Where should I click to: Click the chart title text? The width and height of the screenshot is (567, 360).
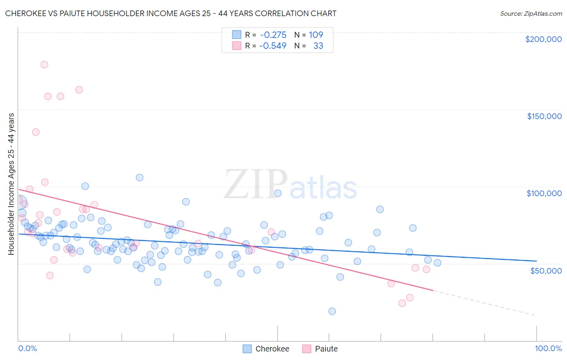(171, 13)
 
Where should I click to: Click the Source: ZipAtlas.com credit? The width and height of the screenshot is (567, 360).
(531, 13)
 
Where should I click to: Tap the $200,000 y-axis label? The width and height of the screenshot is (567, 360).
(543, 39)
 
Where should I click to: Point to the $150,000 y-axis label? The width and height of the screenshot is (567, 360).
(544, 116)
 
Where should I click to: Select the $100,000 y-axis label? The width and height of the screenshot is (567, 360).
(544, 193)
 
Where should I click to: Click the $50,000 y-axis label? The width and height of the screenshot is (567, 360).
(546, 270)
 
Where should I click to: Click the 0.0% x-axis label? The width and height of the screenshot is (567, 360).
(27, 348)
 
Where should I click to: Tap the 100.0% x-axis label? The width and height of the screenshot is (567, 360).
(548, 348)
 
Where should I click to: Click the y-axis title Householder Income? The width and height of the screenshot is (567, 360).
(11, 184)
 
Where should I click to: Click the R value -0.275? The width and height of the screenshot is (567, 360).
(273, 35)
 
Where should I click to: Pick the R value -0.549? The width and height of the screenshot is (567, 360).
(273, 46)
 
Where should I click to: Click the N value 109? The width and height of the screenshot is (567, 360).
(316, 35)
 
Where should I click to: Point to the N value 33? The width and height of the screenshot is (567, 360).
(318, 46)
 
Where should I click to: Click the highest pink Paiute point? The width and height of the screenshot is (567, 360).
(44, 65)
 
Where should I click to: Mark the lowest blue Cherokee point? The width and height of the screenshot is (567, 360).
(332, 311)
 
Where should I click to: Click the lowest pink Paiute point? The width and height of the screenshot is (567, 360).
(402, 303)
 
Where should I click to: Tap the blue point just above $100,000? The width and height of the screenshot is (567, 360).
(140, 178)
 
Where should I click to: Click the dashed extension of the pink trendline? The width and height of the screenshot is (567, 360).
(484, 303)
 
